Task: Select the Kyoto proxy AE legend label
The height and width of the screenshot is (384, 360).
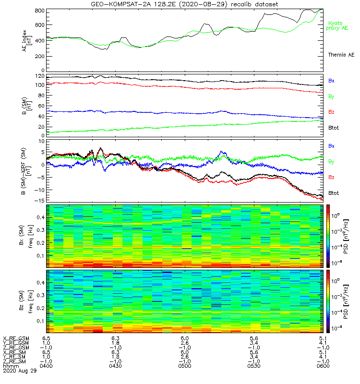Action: [x=338, y=26]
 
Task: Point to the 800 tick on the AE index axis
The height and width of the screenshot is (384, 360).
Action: [x=40, y=11]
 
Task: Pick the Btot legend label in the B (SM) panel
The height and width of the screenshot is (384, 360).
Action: [x=334, y=128]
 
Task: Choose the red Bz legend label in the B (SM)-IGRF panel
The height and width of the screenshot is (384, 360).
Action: [x=331, y=178]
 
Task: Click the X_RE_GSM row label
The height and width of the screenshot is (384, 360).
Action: [x=16, y=338]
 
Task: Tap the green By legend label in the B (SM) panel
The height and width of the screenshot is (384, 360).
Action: [x=331, y=96]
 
